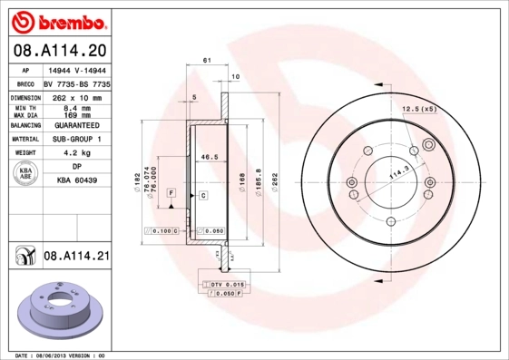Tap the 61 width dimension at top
pyautogui.click(x=207, y=60)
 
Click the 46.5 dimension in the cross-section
pyautogui.click(x=210, y=157)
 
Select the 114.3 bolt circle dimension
pyautogui.click(x=397, y=170)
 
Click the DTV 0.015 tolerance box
pyautogui.click(x=227, y=285)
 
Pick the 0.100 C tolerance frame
pyautogui.click(x=162, y=231)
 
